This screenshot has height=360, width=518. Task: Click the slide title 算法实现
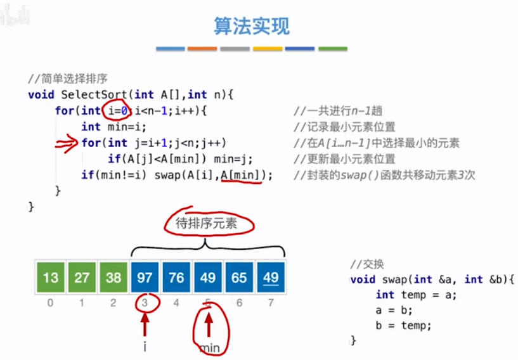pyautogui.click(x=252, y=26)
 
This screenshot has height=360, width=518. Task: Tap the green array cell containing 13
pyautogui.click(x=51, y=278)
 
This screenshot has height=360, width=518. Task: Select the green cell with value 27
pyautogui.click(x=82, y=278)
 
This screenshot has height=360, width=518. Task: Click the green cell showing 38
pyautogui.click(x=113, y=278)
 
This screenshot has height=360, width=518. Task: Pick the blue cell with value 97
pyautogui.click(x=145, y=278)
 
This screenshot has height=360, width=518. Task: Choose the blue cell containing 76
pyautogui.click(x=176, y=278)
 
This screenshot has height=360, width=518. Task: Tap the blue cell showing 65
pyautogui.click(x=239, y=278)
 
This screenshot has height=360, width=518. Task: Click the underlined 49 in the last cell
pyautogui.click(x=271, y=278)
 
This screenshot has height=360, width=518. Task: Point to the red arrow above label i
pyautogui.click(x=145, y=324)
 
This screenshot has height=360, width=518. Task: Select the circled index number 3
pyautogui.click(x=145, y=303)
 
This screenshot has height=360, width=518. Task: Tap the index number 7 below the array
pyautogui.click(x=271, y=303)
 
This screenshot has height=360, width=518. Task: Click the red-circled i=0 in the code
pyautogui.click(x=116, y=110)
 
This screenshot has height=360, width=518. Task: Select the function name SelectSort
pyautogui.click(x=92, y=94)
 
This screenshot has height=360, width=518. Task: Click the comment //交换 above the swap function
pyautogui.click(x=367, y=264)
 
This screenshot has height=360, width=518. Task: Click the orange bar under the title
pyautogui.click(x=202, y=49)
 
